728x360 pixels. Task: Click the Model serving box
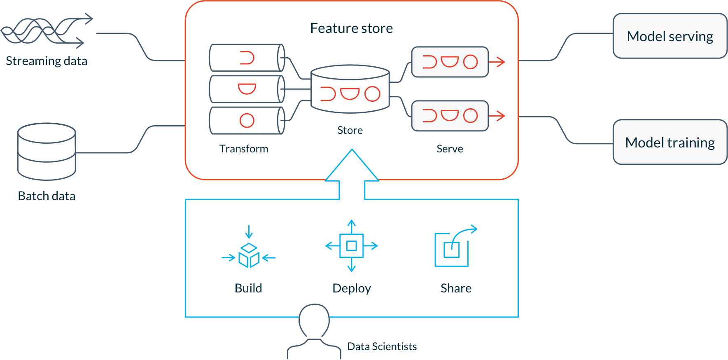point(670,36)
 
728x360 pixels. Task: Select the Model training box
point(670,143)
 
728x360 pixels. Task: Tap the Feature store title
point(351,28)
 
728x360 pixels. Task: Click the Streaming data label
point(46,61)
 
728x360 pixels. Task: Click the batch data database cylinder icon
point(47,151)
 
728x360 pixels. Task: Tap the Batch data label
point(47,196)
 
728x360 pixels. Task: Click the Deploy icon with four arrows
point(351,246)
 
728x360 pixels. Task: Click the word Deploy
point(352,288)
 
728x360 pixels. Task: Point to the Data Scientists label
point(382,346)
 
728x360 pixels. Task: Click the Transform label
point(244,149)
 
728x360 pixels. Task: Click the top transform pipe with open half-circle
point(246,58)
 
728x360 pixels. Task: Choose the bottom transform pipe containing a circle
point(246,121)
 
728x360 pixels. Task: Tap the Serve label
point(450,149)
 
